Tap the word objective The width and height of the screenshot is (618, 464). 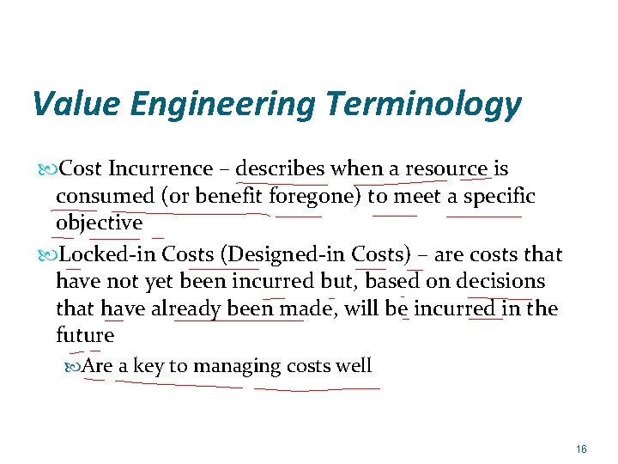click(x=99, y=223)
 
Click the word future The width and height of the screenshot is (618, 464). click(x=85, y=335)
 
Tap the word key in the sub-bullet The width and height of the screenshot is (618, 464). click(x=148, y=367)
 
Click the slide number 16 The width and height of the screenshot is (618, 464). click(x=581, y=449)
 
